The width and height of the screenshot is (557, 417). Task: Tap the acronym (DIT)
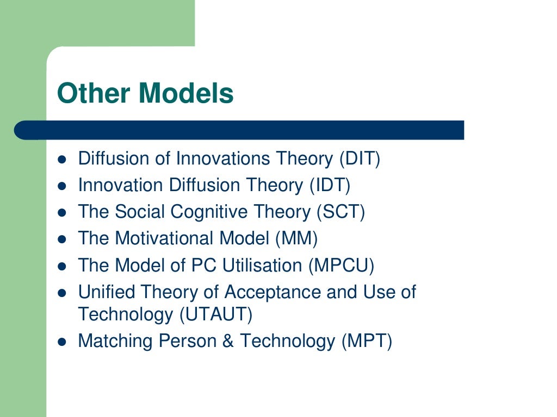[x=360, y=159]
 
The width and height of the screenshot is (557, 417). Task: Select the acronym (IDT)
[x=330, y=185]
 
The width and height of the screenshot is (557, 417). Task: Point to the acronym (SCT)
[x=341, y=212]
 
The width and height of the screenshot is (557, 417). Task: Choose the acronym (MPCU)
[x=342, y=265]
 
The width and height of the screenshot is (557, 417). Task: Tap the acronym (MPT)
[x=367, y=341]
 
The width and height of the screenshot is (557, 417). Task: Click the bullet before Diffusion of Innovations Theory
[x=62, y=160]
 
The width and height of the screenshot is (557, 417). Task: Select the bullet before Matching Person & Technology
[x=62, y=342]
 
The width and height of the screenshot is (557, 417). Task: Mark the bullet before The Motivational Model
[x=62, y=239]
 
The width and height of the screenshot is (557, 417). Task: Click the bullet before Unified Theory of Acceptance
[x=62, y=293]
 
